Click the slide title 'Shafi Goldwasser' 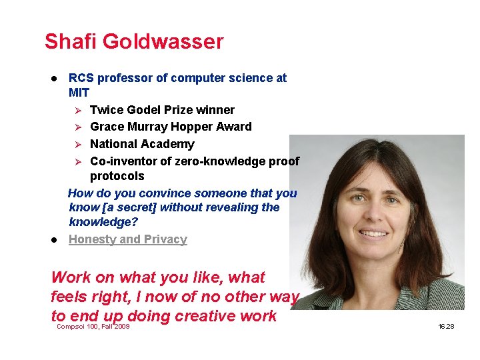point(134,42)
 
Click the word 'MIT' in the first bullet point(79,93)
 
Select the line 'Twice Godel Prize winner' point(162,110)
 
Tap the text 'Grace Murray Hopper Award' point(171,127)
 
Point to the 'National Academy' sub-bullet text point(142,144)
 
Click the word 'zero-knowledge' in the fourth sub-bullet point(207,161)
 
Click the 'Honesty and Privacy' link point(128,239)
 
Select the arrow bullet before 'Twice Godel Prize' point(77,110)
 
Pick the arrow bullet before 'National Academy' point(77,144)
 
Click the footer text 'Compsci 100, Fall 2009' point(93,327)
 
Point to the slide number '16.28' point(446,327)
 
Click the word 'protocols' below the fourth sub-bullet point(117,176)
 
